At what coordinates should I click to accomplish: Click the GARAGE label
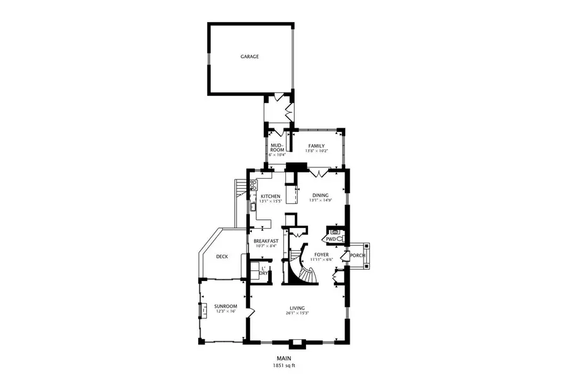click(x=249, y=57)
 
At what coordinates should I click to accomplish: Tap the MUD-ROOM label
click(x=277, y=148)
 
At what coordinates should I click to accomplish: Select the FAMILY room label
click(x=316, y=146)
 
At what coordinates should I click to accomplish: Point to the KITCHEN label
click(x=270, y=196)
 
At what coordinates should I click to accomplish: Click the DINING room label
click(x=321, y=196)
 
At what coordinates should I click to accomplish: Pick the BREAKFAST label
click(x=266, y=241)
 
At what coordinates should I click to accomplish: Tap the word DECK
click(x=222, y=256)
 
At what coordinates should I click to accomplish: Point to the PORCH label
click(x=358, y=255)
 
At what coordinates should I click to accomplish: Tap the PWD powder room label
click(x=331, y=239)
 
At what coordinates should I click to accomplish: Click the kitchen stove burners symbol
click(x=254, y=185)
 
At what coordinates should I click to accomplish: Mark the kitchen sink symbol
click(x=252, y=206)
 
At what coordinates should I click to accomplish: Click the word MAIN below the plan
click(x=283, y=359)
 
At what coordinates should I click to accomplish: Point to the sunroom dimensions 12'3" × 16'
click(x=225, y=311)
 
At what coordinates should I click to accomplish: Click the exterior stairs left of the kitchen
click(x=239, y=188)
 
